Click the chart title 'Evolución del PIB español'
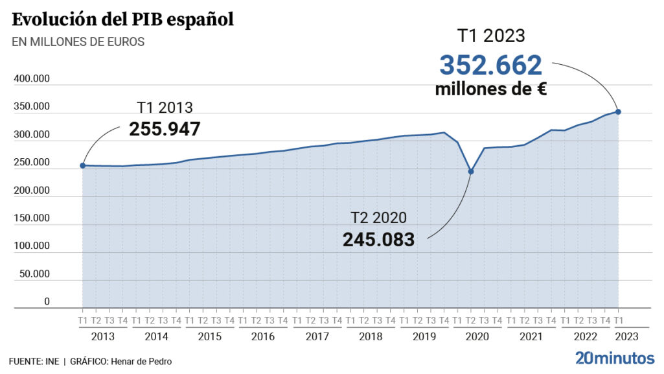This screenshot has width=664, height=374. (122, 19)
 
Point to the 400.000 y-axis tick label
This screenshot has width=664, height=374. (32, 79)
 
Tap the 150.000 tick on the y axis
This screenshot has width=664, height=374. (32, 218)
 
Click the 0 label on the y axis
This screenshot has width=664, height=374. (47, 301)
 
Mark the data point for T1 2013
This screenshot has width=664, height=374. (82, 166)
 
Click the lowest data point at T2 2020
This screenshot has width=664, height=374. (471, 172)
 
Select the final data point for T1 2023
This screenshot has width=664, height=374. (619, 111)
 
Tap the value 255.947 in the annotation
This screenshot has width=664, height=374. (165, 128)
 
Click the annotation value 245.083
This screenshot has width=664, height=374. (378, 239)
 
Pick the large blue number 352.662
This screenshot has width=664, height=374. (490, 65)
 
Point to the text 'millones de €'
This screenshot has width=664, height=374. (490, 89)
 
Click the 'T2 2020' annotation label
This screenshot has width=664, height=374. (378, 218)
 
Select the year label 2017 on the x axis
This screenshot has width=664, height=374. (317, 337)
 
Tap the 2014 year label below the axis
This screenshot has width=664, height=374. (156, 337)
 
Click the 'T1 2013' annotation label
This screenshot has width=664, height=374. (165, 108)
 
